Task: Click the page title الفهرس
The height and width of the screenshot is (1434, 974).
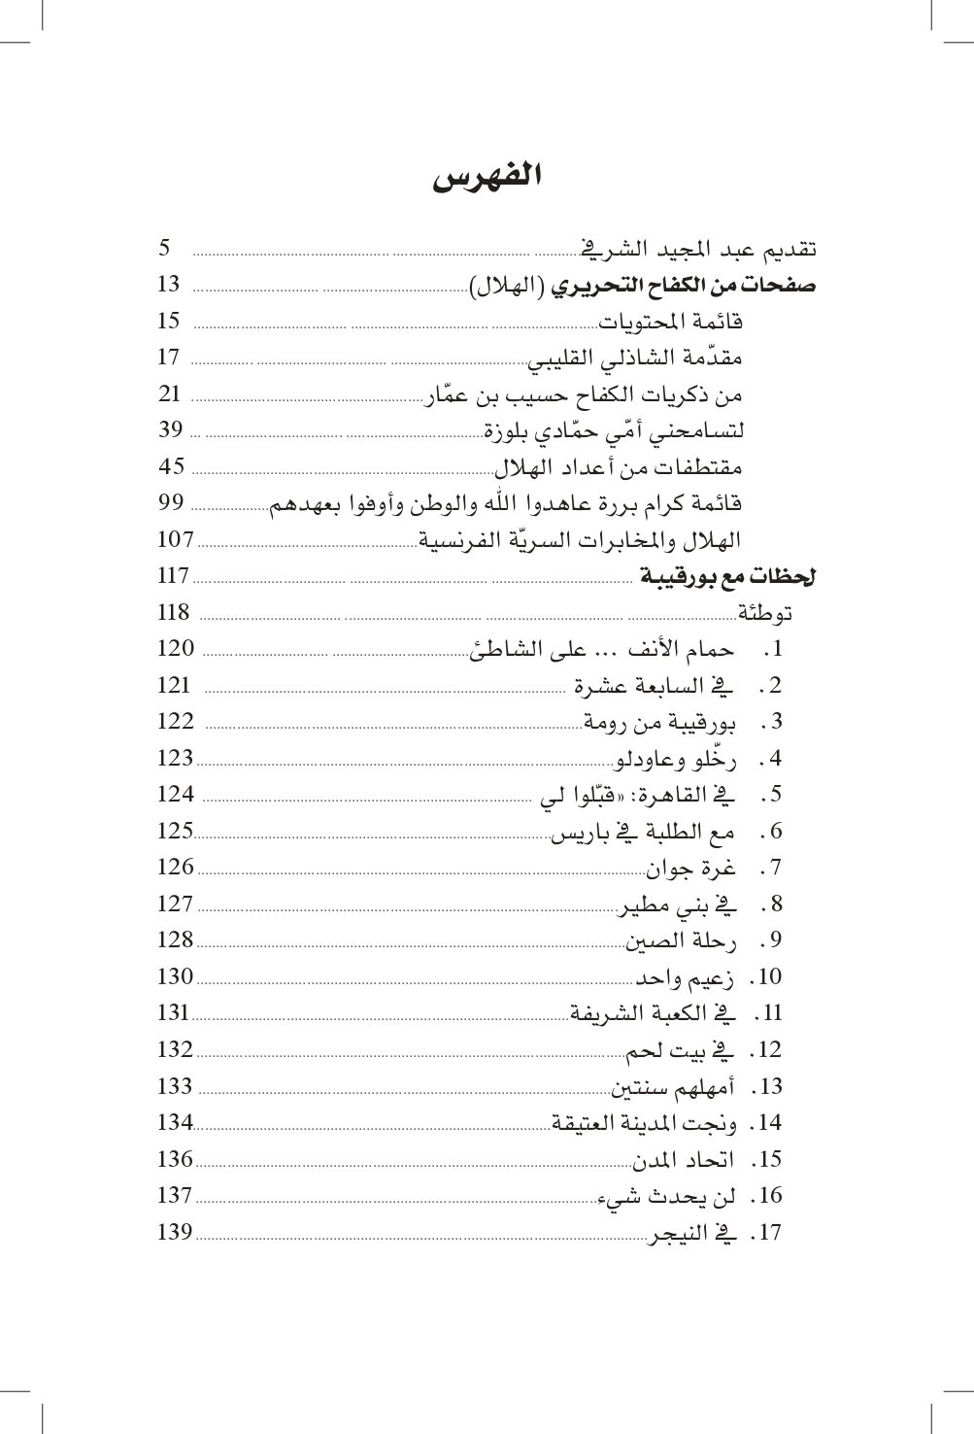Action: tap(487, 178)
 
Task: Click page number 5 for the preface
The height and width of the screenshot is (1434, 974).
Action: tap(166, 249)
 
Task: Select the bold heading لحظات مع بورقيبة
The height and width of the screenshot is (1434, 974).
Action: tap(727, 577)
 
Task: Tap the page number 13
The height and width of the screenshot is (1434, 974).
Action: tap(169, 285)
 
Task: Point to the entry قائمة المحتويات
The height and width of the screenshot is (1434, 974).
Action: tap(670, 322)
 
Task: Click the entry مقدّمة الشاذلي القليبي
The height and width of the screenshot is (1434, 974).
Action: tap(635, 358)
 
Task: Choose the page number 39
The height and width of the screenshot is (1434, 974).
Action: tap(172, 430)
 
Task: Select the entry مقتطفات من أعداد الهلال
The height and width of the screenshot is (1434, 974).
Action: tap(619, 467)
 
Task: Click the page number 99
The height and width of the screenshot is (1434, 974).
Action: tap(172, 503)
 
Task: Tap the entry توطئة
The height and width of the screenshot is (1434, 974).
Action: tap(765, 613)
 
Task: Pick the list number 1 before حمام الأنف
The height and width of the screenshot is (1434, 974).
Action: tap(776, 649)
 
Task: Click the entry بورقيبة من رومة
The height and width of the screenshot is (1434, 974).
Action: tap(659, 723)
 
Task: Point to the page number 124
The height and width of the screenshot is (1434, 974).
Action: tap(176, 795)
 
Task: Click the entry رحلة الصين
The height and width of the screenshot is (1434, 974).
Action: tap(681, 941)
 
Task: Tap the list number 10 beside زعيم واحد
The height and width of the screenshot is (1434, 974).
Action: tap(770, 977)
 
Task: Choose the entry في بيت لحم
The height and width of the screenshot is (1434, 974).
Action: tap(680, 1050)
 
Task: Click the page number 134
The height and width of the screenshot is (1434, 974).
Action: tap(175, 1123)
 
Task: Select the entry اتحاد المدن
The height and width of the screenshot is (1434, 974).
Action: tap(684, 1160)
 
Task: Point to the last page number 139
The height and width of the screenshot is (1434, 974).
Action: tap(175, 1233)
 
